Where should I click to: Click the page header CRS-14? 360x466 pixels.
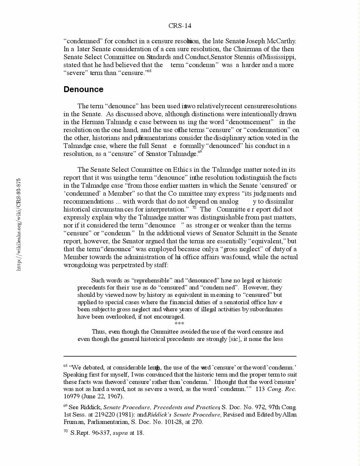[x=180, y=26]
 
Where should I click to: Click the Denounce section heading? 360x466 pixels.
[x=83, y=89]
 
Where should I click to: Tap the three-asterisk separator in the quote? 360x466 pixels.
[x=179, y=324]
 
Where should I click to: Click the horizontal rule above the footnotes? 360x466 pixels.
[x=180, y=356]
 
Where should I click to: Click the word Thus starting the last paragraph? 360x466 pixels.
[x=98, y=332]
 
